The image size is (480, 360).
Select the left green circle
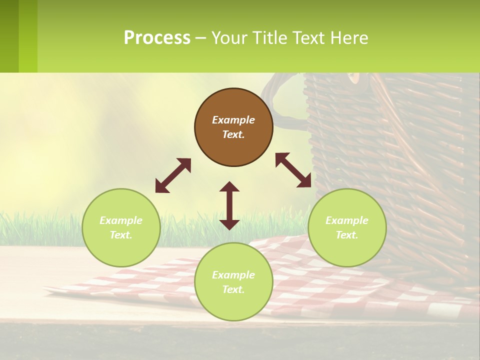[121, 227]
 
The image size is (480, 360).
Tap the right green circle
[347, 227]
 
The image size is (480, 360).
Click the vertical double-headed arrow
[229, 205]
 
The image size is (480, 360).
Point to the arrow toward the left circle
[173, 175]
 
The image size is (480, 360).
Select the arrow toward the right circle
[293, 170]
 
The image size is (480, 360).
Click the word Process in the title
[157, 38]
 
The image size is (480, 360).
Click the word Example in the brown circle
[233, 120]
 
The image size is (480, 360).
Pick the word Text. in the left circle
[121, 235]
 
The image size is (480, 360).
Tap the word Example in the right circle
[347, 220]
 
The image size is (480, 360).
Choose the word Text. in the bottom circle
[233, 289]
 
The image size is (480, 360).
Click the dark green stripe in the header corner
[9, 36]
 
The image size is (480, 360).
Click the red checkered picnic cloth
[300, 280]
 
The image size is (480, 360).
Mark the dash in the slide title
[201, 38]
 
